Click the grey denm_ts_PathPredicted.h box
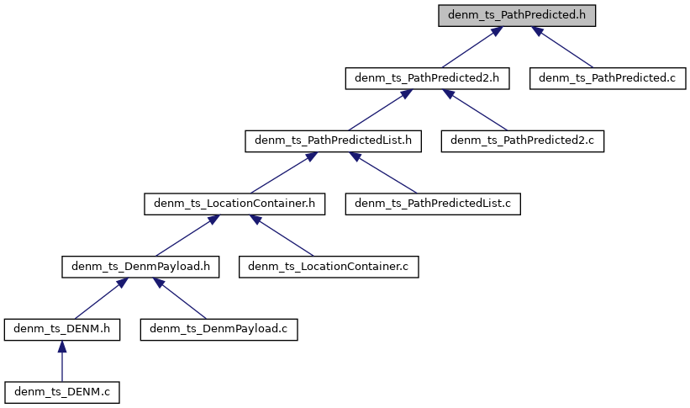click(517, 16)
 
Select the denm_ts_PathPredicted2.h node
click(428, 78)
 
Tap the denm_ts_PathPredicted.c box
click(608, 78)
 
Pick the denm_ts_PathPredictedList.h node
click(332, 140)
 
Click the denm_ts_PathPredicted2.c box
click(523, 140)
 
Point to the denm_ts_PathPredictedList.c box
click(433, 203)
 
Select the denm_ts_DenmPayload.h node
click(140, 266)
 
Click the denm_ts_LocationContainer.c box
click(329, 266)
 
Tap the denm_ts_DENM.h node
click(61, 328)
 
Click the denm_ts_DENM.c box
click(61, 390)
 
